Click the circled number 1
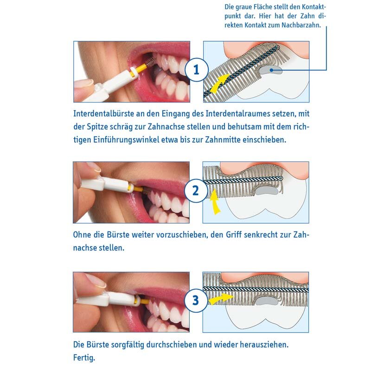[x=196, y=70]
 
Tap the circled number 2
[x=196, y=191]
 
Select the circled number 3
[x=196, y=300]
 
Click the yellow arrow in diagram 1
[x=219, y=83]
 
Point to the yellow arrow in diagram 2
[x=215, y=202]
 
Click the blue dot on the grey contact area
[x=271, y=70]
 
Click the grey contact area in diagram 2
[x=267, y=191]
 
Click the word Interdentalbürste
[x=103, y=114]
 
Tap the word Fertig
[x=84, y=358]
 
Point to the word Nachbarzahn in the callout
[x=301, y=25]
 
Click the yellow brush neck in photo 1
[x=140, y=68]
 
